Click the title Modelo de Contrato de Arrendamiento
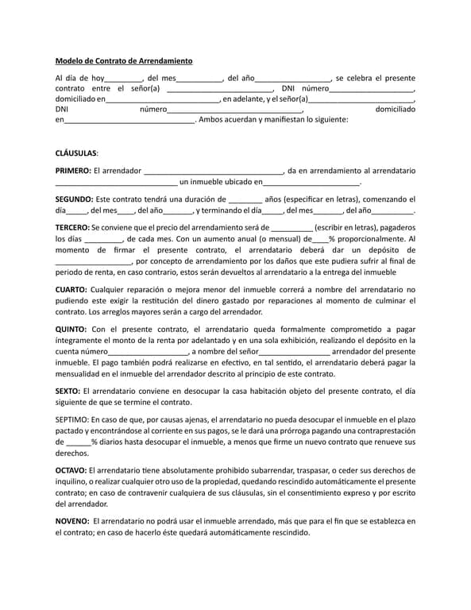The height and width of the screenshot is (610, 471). pos(123,60)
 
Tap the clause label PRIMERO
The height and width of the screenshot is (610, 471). pos(72,170)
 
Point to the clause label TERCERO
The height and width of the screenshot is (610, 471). pos(72,226)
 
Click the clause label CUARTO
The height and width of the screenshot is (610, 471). pos(71,290)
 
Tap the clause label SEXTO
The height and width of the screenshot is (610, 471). pos(68,390)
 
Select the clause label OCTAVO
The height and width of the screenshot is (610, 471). pos(71,470)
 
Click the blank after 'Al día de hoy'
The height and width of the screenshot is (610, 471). pos(124,79)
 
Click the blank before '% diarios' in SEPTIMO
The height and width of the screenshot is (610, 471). pos(78,442)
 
